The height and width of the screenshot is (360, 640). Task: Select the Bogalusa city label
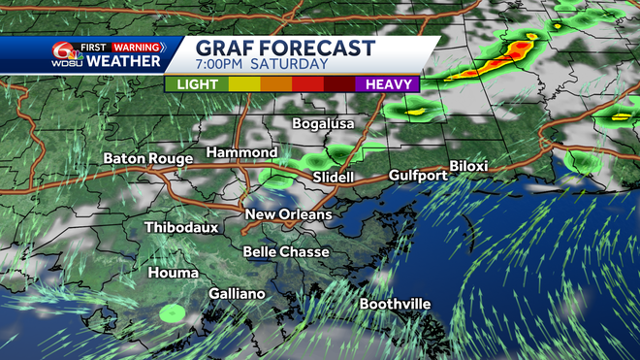click(324, 124)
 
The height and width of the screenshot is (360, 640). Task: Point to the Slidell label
click(336, 178)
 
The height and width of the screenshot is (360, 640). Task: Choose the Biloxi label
click(468, 166)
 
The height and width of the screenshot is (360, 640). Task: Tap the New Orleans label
click(288, 214)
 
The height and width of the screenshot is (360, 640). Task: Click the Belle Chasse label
click(285, 251)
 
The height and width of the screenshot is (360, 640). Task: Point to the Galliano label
click(237, 293)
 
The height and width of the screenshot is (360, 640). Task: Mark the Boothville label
click(395, 304)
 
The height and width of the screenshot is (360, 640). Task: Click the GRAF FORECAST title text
click(285, 49)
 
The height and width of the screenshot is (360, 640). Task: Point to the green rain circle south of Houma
click(173, 312)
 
